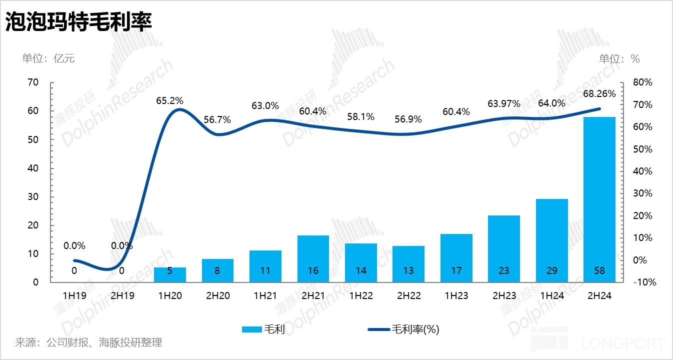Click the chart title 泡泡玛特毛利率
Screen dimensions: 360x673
(x=78, y=22)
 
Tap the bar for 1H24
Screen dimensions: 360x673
(x=551, y=240)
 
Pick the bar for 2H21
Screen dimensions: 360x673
(x=313, y=258)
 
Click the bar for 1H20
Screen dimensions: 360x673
(x=170, y=274)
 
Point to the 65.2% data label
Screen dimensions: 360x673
(x=169, y=100)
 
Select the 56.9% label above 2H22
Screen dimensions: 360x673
(x=408, y=119)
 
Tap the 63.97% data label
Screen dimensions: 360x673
(x=503, y=103)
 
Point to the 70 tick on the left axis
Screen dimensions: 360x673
(x=32, y=82)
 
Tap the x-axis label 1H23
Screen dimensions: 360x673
(x=456, y=296)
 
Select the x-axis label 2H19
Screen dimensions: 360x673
(x=122, y=296)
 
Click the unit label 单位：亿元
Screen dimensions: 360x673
(x=48, y=58)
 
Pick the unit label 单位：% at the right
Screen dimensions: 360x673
(x=619, y=58)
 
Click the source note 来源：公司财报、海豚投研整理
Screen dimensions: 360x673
(x=88, y=342)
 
